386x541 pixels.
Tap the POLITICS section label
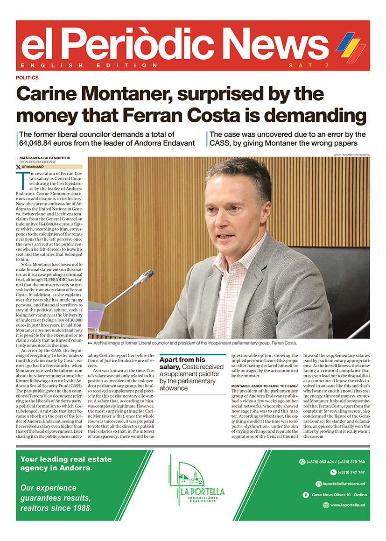[27, 78]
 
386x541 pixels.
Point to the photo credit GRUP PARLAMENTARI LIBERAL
[351, 154]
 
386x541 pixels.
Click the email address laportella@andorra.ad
[339, 484]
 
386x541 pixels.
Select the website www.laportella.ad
[347, 505]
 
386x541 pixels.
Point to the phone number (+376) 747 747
[351, 472]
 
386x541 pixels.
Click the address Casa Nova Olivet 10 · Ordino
[338, 494]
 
